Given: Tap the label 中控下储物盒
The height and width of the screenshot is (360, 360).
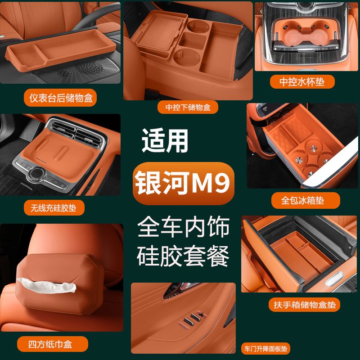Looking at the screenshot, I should coord(188,107).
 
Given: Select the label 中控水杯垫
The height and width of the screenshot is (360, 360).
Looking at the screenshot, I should coord(303,81).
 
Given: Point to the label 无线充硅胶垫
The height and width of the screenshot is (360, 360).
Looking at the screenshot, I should coord(54,207).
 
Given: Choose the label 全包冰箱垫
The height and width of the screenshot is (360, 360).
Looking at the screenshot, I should coord(302,199).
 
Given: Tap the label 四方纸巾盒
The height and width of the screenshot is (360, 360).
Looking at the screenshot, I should coord(51,345).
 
